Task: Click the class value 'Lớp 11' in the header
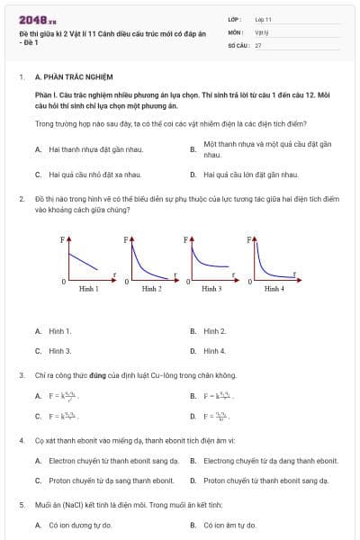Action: tap(263, 18)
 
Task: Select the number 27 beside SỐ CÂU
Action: tap(258, 44)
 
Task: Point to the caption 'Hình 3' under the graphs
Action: tap(211, 288)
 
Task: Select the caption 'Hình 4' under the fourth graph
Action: tap(274, 288)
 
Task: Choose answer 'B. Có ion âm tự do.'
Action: tap(229, 525)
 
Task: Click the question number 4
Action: tap(21, 441)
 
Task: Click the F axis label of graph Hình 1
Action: tap(63, 240)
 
